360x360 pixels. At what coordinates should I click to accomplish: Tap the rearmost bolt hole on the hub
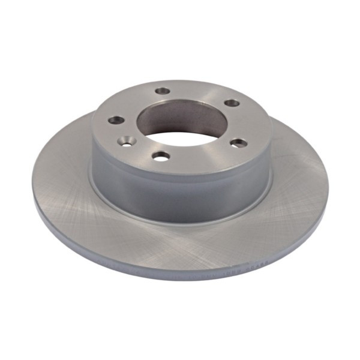click(x=162, y=91)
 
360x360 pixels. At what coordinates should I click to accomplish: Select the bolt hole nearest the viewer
click(x=161, y=155)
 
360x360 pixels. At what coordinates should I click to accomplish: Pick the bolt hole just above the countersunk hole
click(x=115, y=121)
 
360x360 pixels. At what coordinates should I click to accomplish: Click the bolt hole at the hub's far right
click(x=239, y=143)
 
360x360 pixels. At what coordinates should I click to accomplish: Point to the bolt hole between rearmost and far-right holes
click(x=232, y=103)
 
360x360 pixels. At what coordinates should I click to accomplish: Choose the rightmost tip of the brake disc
click(x=329, y=180)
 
